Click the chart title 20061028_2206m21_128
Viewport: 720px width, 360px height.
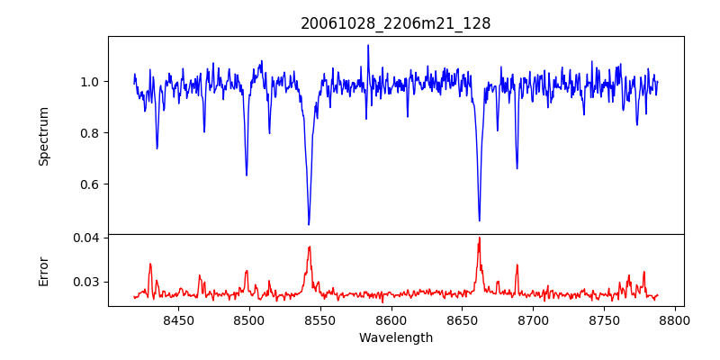click(396, 23)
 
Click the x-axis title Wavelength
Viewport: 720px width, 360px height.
click(396, 337)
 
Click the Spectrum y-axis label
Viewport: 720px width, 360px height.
click(43, 136)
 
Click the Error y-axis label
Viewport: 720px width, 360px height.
click(43, 270)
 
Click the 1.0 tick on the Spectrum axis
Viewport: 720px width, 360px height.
click(90, 82)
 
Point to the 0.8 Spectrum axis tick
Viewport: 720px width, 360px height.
click(90, 133)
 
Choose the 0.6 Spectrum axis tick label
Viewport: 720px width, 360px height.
click(90, 184)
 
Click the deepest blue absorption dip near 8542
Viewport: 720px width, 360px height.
click(309, 224)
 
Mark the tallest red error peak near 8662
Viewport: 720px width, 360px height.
click(479, 238)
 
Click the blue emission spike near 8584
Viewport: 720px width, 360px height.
click(368, 45)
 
